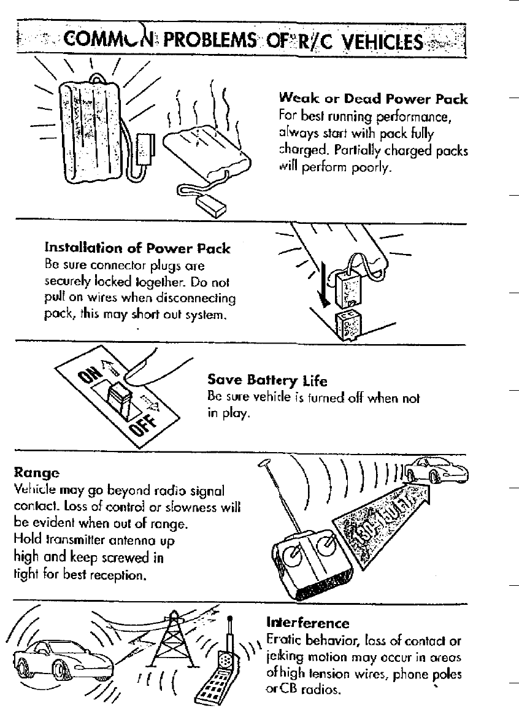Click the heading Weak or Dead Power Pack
[x=373, y=99]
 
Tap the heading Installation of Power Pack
[x=137, y=248]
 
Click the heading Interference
[x=307, y=623]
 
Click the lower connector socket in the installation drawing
[x=347, y=325]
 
